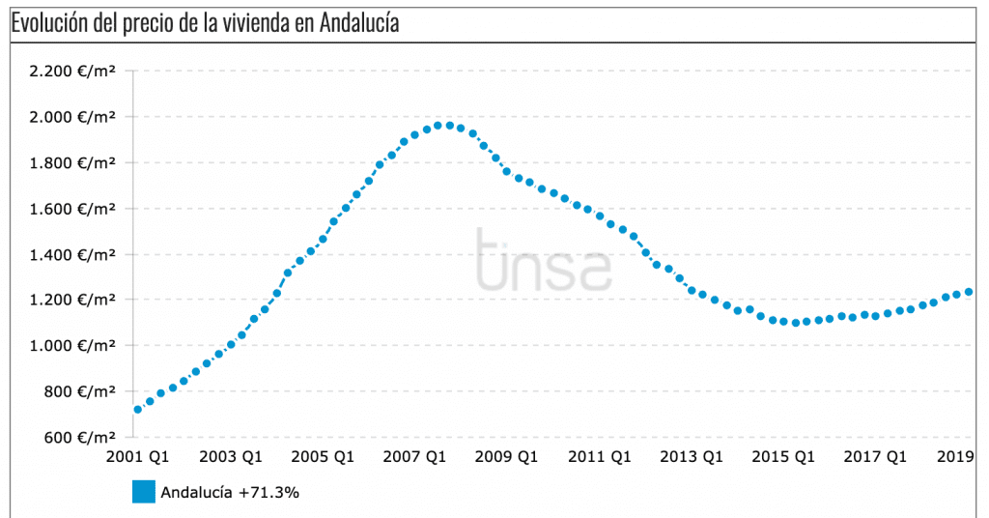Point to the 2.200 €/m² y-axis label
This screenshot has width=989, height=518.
click(x=72, y=72)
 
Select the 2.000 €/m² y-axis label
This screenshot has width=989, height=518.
click(x=72, y=117)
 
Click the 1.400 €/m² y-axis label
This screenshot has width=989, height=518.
click(x=72, y=255)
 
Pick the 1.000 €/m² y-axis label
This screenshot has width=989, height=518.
click(x=72, y=346)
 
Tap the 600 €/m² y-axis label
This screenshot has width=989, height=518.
click(x=79, y=438)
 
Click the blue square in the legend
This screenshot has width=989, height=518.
click(x=143, y=492)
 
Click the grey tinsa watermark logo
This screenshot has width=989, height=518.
click(x=544, y=258)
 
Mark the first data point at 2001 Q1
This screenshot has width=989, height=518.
click(x=138, y=410)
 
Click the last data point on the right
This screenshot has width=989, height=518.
click(x=969, y=292)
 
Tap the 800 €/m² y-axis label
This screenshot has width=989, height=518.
click(x=79, y=392)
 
